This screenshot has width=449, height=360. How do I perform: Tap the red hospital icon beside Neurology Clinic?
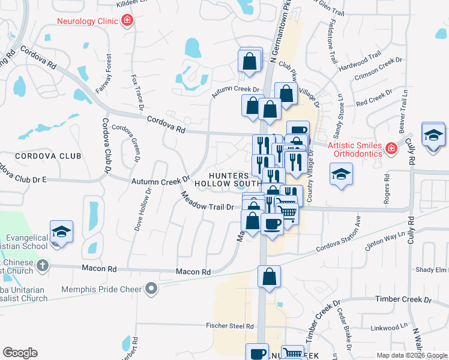tap(127, 22)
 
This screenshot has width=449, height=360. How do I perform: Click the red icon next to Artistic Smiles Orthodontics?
tap(391, 148)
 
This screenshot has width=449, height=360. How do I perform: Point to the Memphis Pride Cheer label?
tap(103, 289)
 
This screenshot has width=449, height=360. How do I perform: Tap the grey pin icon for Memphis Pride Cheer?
tap(151, 289)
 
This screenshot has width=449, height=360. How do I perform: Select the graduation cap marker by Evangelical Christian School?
tap(61, 232)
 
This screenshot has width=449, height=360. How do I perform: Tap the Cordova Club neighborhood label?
tap(48, 156)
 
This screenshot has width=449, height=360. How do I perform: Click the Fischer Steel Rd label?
tap(232, 326)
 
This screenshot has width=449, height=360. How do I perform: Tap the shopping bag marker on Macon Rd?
tap(270, 277)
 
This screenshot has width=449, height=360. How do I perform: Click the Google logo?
tap(20, 353)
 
